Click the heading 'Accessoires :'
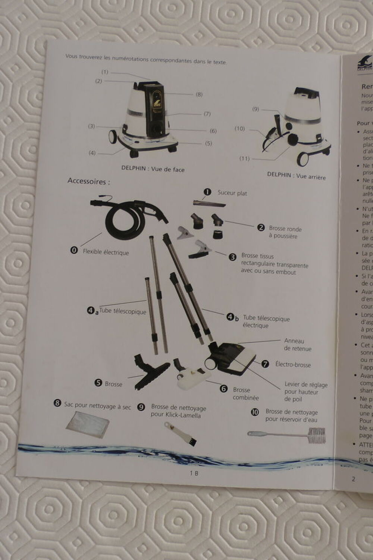(89, 182)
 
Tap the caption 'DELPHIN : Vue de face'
(153, 169)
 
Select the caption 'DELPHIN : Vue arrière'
(296, 176)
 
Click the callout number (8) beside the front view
(199, 95)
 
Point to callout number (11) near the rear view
(244, 158)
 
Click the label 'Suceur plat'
(232, 193)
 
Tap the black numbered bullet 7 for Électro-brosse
(265, 364)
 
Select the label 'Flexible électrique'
(106, 252)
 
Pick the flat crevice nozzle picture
(209, 204)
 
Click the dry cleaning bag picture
(87, 424)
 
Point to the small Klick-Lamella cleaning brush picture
(181, 433)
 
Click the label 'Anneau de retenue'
(297, 345)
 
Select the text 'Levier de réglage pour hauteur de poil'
(305, 392)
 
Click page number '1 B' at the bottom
(194, 473)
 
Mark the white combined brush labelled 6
(190, 377)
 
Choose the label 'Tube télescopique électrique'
(266, 322)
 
